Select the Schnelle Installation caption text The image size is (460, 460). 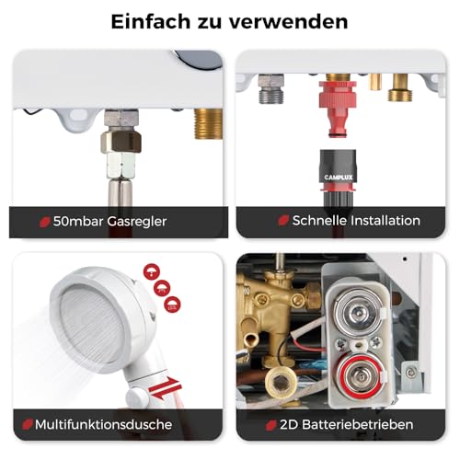[x=355, y=221]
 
